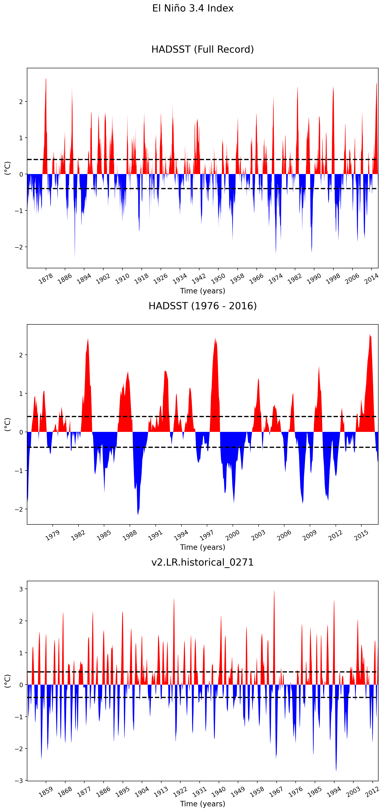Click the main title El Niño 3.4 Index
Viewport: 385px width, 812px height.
pyautogui.click(x=193, y=8)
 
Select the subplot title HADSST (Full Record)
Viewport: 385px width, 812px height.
pyautogui.click(x=202, y=49)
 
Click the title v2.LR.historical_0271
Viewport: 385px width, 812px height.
pyautogui.click(x=202, y=562)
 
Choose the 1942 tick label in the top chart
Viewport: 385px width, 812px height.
pyautogui.click(x=199, y=279)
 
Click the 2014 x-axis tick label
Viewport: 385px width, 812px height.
pyautogui.click(x=371, y=279)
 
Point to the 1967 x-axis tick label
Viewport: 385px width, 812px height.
pyautogui.click(x=276, y=791)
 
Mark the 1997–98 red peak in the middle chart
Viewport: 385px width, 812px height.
pyautogui.click(x=215, y=339)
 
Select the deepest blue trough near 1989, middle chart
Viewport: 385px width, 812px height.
pyautogui.click(x=138, y=514)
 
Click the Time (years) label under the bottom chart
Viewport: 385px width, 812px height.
pyautogui.click(x=202, y=804)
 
